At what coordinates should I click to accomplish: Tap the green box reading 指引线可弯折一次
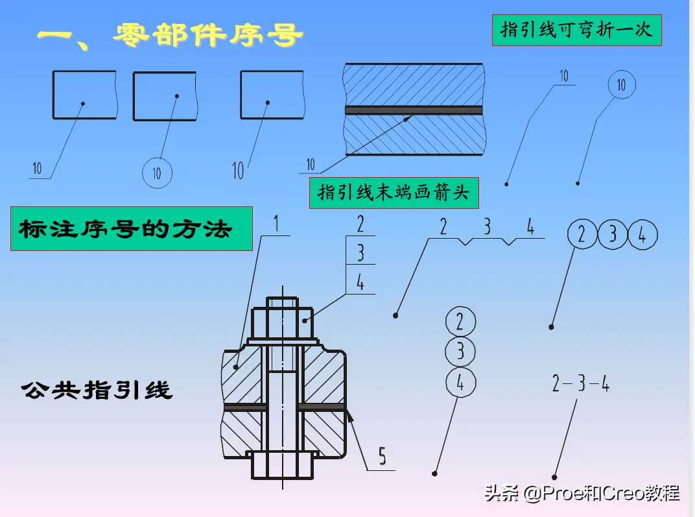tap(576, 30)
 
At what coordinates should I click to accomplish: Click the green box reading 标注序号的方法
tap(132, 229)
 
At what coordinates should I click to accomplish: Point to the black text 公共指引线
tap(97, 391)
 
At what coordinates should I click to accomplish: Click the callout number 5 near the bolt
tap(382, 456)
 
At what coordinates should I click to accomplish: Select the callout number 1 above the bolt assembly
tap(276, 223)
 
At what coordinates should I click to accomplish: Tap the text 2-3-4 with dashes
tap(581, 383)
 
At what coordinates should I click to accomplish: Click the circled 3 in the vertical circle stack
tap(460, 352)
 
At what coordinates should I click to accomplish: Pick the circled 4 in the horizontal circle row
tap(642, 235)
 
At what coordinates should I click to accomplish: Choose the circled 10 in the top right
tap(622, 85)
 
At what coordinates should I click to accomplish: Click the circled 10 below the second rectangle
tap(157, 173)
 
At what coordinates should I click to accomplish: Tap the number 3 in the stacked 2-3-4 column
tap(360, 253)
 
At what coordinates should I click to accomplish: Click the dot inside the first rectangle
tap(83, 104)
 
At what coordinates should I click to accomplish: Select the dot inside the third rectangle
tap(268, 103)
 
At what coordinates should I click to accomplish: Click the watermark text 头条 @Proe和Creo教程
tap(582, 493)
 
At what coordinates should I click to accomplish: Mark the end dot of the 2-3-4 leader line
tap(554, 477)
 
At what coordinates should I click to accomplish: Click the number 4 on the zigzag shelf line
tap(530, 227)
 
